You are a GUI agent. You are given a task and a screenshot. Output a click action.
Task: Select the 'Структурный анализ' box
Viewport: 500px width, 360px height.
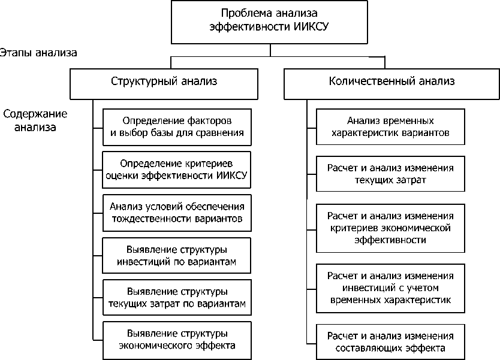(x=164, y=82)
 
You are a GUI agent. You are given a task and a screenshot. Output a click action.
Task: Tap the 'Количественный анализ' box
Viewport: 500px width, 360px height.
(x=391, y=82)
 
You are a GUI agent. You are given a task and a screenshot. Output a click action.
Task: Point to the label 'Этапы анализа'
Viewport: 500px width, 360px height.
(x=39, y=52)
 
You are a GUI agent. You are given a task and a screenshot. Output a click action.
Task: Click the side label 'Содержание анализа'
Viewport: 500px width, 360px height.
(x=35, y=120)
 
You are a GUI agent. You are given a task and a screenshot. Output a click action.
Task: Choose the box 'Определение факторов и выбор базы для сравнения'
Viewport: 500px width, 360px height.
(x=177, y=126)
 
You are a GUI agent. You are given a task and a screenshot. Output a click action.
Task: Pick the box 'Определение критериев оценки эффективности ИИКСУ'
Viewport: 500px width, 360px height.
(x=177, y=169)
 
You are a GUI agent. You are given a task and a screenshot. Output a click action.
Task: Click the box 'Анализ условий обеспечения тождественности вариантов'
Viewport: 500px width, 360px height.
(x=177, y=212)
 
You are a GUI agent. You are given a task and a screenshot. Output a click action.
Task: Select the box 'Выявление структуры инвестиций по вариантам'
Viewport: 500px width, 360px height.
(x=177, y=255)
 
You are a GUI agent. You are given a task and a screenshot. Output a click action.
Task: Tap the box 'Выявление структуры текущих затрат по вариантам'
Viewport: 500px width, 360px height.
(x=177, y=298)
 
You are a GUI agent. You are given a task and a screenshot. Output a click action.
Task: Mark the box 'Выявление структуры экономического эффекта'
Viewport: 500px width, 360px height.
(x=177, y=339)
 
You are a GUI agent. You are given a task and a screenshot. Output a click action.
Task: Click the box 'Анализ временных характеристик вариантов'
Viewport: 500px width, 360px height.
(x=390, y=126)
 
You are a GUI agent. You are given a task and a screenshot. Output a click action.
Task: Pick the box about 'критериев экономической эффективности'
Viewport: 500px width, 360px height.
(x=390, y=228)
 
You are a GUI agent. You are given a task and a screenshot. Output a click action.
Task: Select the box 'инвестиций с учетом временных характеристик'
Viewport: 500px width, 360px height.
(x=390, y=288)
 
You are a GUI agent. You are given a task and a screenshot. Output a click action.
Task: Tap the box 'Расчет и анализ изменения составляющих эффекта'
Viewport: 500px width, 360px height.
(x=390, y=341)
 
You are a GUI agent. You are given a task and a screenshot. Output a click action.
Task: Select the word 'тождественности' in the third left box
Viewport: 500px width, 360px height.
(x=152, y=219)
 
